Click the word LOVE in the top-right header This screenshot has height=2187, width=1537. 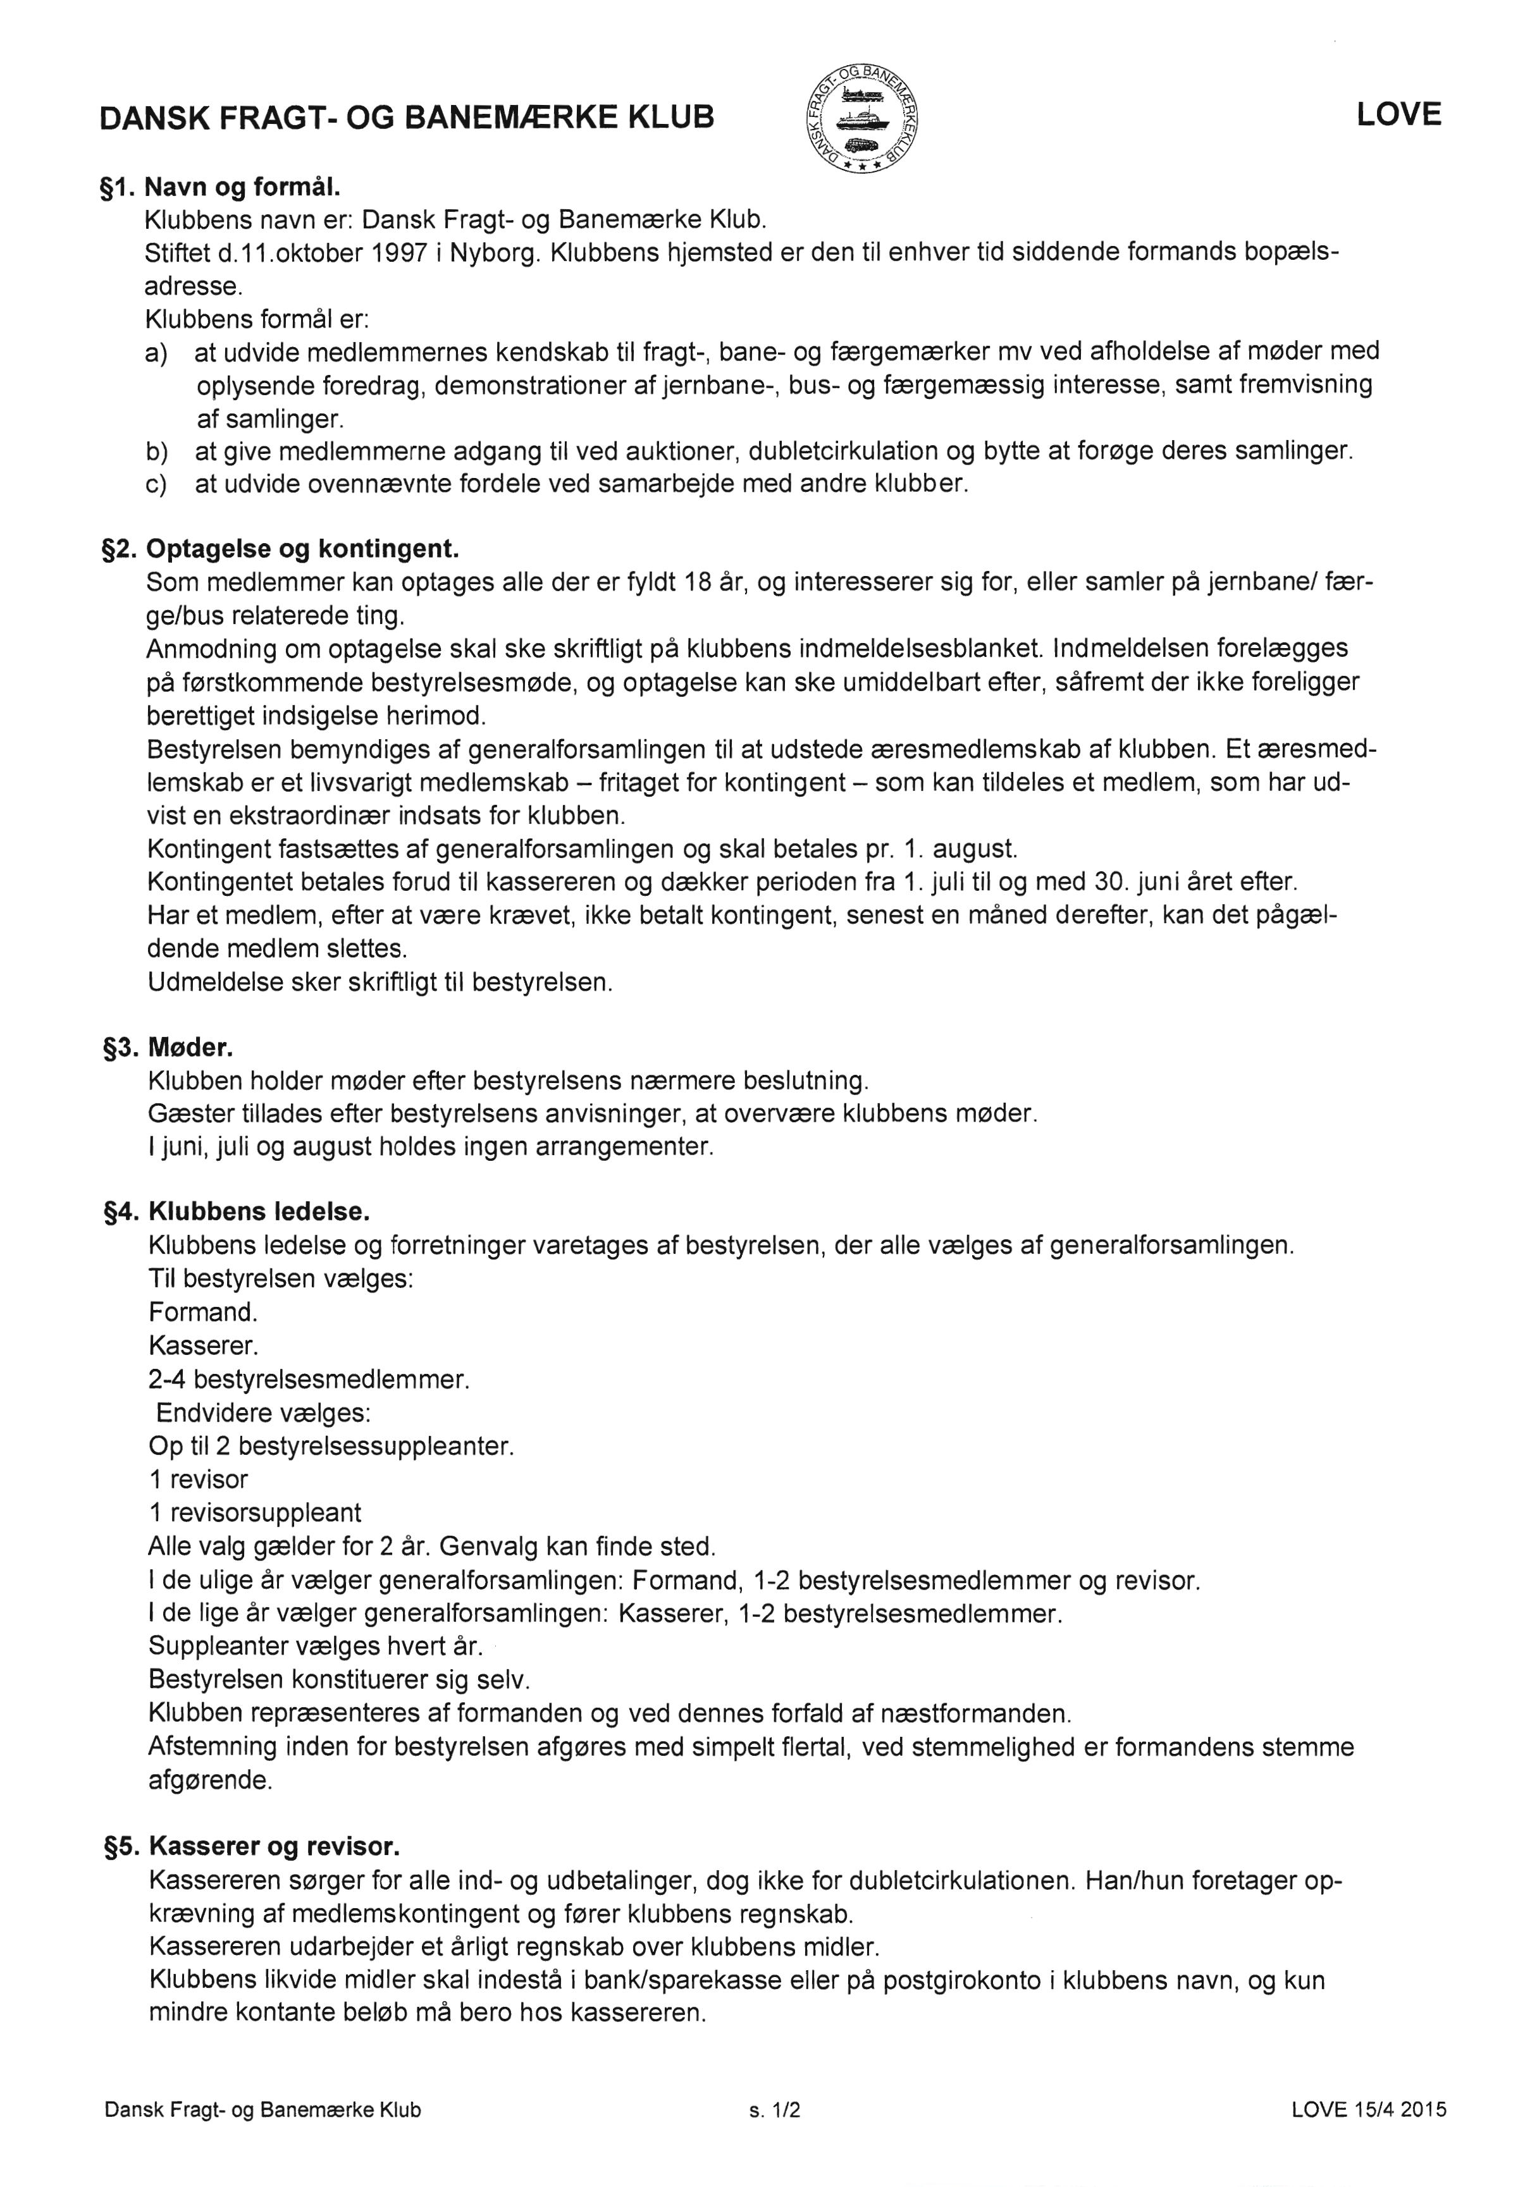(x=1398, y=115)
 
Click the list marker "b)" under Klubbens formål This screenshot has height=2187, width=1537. (x=156, y=451)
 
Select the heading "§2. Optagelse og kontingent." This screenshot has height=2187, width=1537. (x=280, y=549)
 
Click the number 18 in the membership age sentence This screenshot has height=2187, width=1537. (x=698, y=583)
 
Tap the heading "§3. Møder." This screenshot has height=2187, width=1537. (x=168, y=1048)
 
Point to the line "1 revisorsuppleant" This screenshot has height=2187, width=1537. (x=254, y=1512)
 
